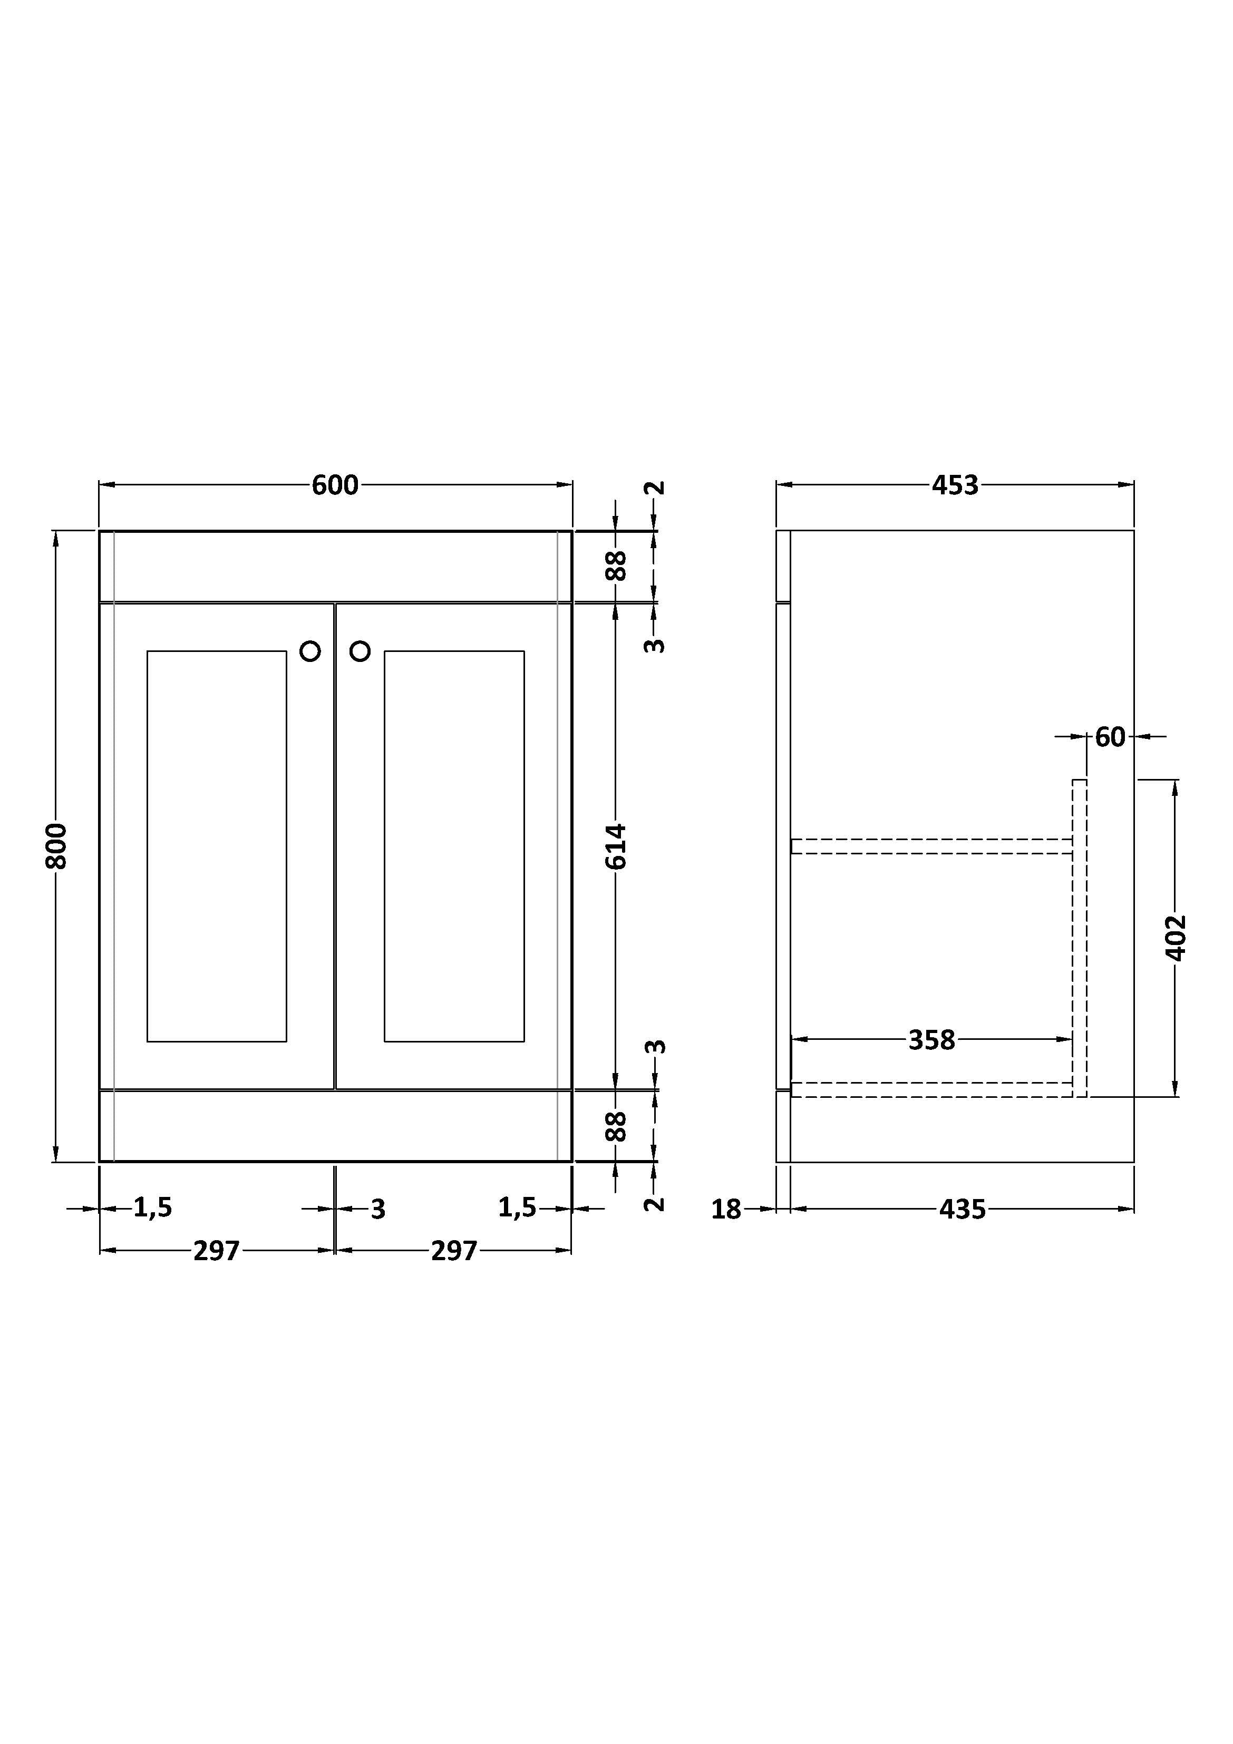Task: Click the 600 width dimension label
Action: (x=335, y=484)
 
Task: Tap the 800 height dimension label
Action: (x=56, y=845)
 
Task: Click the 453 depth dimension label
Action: (x=955, y=484)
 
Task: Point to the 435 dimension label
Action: (x=963, y=1209)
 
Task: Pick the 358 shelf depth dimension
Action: (x=931, y=1040)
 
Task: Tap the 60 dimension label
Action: (x=1110, y=737)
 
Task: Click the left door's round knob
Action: (x=310, y=651)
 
